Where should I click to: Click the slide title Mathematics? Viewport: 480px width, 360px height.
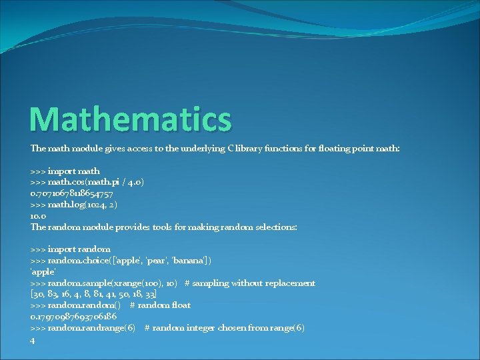[x=131, y=119]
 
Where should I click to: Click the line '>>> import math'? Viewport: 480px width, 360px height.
[x=65, y=171]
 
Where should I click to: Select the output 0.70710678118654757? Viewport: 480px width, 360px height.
[x=72, y=193]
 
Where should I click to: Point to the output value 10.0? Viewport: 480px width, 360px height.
[x=37, y=216]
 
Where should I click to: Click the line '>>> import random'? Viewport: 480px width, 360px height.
[x=71, y=249]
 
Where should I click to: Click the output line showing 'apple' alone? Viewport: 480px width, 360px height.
[x=43, y=272]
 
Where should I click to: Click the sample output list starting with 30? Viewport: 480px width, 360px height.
[x=94, y=294]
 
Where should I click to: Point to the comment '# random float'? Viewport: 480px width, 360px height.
[x=160, y=305]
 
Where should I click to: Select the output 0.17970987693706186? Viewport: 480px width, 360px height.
[x=73, y=317]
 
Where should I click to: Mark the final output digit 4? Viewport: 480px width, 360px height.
[x=33, y=339]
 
